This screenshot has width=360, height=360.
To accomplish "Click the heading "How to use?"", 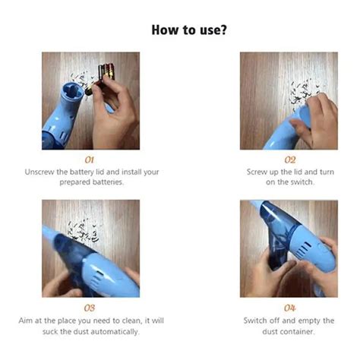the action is coord(189,30).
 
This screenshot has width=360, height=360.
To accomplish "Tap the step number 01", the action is coord(90,160).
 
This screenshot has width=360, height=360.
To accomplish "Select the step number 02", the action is coord(290,160).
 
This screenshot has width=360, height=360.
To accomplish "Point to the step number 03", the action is coord(90,308).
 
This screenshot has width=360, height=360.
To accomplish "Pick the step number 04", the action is coord(290,308).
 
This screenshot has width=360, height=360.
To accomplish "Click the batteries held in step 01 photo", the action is coord(104,75).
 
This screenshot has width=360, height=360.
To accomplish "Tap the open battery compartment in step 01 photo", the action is coord(71,92).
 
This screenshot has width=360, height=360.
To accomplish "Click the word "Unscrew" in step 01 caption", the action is coord(39,172).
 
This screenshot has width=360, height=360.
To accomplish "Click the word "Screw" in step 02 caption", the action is coord(257,172).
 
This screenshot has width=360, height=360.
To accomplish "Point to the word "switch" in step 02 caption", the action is coord(302,182).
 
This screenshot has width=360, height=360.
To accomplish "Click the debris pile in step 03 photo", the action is coord(83,231).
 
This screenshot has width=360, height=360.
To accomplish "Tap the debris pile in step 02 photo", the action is coord(303,93).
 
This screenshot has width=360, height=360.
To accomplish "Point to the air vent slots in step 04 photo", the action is coord(304,248).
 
